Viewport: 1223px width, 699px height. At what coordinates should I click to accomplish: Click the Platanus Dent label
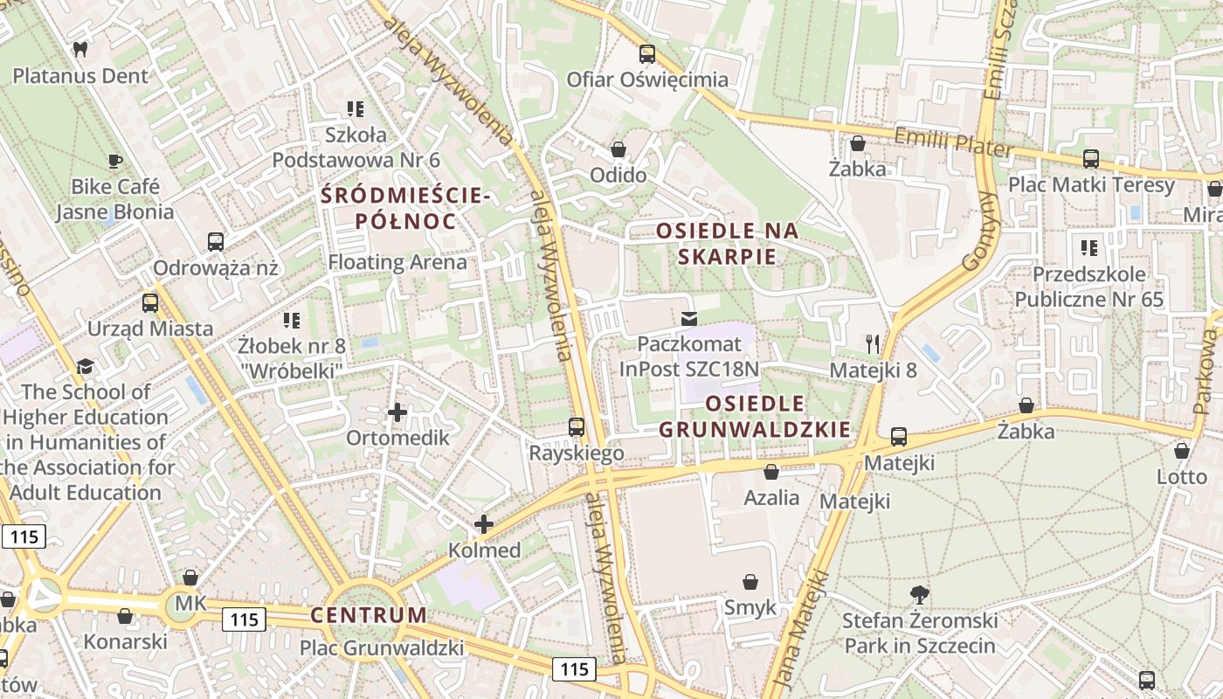80,76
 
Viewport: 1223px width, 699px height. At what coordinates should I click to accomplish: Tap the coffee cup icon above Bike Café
114,161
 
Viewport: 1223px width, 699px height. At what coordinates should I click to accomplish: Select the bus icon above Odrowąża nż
215,242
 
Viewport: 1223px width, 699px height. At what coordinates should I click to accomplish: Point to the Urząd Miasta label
150,329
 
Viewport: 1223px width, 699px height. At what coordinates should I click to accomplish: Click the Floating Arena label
397,262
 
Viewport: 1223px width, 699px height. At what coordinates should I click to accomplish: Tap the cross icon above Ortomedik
397,412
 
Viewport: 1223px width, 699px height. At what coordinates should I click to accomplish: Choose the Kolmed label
484,550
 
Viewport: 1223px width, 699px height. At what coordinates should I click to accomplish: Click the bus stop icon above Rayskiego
577,427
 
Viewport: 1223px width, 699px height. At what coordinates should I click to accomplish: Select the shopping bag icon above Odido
618,149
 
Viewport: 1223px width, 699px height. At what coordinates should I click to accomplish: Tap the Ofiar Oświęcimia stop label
647,80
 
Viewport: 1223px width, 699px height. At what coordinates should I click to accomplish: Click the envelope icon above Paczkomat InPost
689,318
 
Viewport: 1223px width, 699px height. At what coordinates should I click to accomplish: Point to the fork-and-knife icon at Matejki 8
872,343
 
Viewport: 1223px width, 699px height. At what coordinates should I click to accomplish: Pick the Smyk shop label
750,607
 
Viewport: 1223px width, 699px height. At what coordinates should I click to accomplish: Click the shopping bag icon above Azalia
771,473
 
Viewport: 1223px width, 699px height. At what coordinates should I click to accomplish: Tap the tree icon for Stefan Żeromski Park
919,595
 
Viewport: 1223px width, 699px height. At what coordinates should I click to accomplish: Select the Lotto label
1181,477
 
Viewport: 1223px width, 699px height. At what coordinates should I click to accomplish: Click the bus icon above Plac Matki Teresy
1091,159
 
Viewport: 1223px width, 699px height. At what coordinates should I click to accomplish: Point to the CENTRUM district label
369,615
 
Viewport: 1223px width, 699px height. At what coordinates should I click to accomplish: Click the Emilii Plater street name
951,142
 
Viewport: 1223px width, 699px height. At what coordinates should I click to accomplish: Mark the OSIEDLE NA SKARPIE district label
728,244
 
